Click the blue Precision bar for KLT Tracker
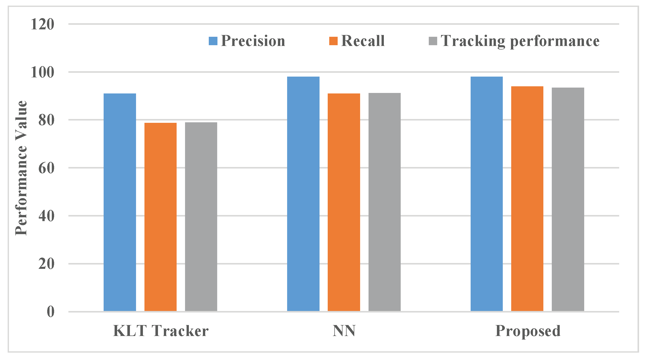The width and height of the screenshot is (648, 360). coord(120,202)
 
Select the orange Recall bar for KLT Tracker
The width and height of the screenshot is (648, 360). coord(160,217)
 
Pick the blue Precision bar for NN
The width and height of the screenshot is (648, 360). coord(303,194)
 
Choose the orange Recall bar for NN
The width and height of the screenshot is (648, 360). coord(344,202)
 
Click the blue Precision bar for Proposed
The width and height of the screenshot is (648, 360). coord(486,194)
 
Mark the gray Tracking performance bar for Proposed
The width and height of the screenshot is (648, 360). coord(568,199)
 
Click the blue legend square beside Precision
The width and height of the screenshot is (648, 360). coord(213,41)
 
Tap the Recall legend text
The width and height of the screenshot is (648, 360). coord(363,41)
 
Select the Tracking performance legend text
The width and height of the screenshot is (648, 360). coord(520,41)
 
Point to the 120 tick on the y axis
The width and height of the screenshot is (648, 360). coord(42,25)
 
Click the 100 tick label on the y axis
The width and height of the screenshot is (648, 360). coord(42,72)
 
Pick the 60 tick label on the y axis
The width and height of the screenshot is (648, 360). coord(46,168)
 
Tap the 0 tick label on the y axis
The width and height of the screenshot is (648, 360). coord(51,312)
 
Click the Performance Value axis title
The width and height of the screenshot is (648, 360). coord(21,168)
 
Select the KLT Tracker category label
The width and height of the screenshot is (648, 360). coord(161,331)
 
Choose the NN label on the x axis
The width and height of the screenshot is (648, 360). coord(344,331)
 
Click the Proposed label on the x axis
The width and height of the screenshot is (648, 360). coord(528,331)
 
